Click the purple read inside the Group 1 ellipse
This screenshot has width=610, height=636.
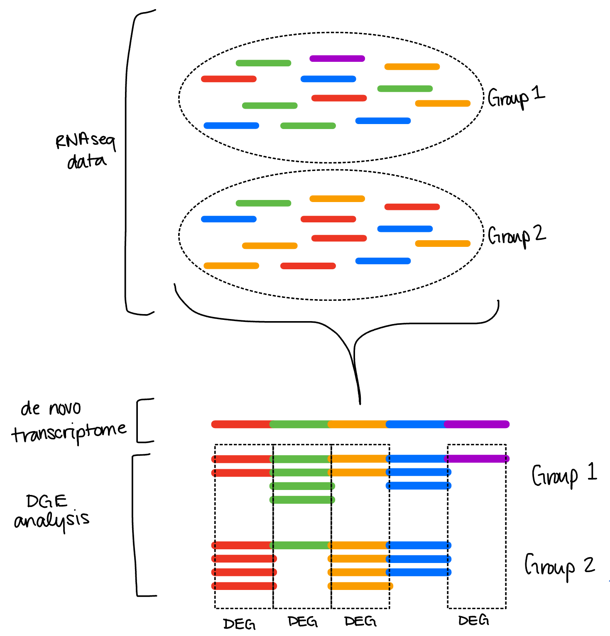337,58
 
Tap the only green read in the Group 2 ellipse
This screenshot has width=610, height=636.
263,203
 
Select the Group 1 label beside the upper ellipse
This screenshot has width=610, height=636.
516,97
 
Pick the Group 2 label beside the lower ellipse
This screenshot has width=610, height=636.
516,236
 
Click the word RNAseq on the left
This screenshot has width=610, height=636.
86,141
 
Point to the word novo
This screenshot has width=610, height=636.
65,409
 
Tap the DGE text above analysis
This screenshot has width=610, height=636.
47,501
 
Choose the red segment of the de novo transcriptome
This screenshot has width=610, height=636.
241,424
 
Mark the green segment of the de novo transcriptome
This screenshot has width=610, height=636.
299,424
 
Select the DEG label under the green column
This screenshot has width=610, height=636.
303,621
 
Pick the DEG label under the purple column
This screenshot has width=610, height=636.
473,621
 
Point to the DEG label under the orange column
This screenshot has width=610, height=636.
360,621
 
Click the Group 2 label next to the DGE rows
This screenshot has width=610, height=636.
560,565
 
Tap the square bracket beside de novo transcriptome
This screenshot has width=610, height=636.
143,420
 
